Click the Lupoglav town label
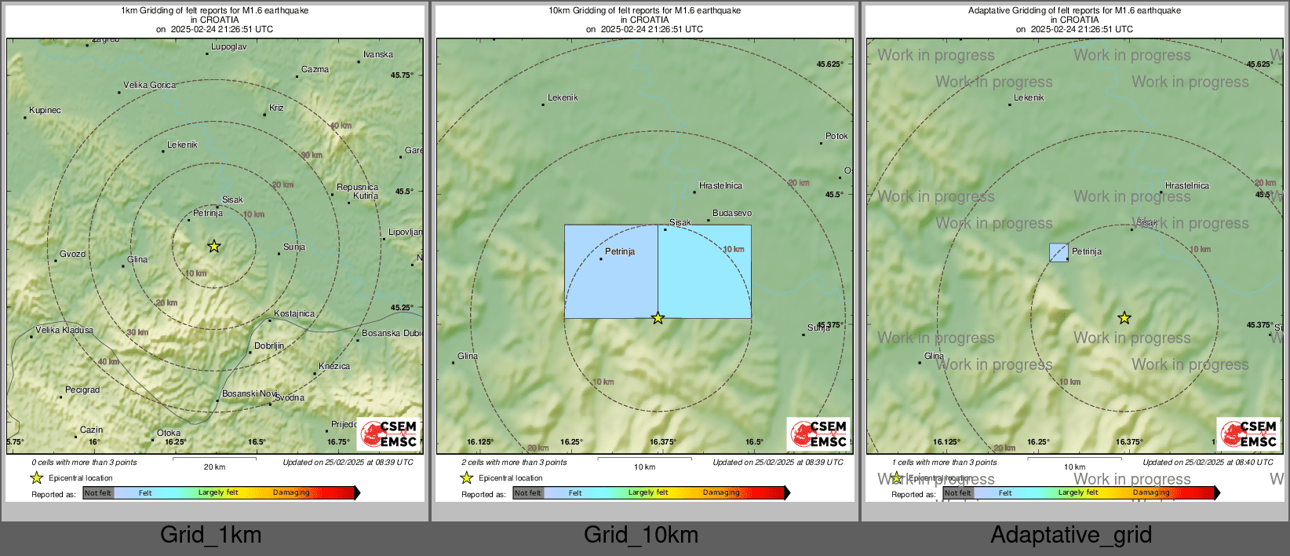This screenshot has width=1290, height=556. (229, 47)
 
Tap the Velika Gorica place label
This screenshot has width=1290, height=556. (149, 86)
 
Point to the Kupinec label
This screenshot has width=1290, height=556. (45, 111)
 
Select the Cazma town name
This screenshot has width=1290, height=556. (315, 70)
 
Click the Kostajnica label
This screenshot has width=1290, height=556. (294, 314)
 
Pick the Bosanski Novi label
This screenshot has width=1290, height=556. (250, 394)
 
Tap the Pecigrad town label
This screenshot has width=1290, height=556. (82, 390)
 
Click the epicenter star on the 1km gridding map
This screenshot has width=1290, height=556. (213, 247)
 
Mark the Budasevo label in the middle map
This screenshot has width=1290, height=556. (732, 214)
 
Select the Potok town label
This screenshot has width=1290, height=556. (836, 137)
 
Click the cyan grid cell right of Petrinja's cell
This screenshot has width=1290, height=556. (704, 272)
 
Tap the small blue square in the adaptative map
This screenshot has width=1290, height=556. (1059, 252)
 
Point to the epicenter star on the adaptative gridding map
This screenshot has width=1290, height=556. (1124, 318)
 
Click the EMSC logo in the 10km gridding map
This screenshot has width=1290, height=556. (818, 434)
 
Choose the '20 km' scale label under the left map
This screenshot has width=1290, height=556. (214, 467)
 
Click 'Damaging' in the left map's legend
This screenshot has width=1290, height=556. (291, 493)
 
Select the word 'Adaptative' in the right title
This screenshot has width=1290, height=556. (991, 11)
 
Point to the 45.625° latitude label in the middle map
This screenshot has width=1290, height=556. (829, 64)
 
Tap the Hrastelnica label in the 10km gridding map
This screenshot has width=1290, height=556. (720, 186)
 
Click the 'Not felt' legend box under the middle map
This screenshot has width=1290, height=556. (528, 493)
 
